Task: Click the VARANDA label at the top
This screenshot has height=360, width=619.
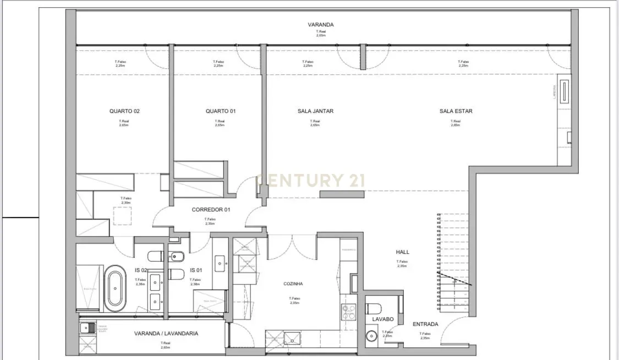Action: [321, 25]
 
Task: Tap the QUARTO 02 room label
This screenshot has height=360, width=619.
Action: [124, 111]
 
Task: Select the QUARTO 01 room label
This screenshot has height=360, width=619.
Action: [221, 111]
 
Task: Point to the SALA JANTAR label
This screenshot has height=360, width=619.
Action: [315, 111]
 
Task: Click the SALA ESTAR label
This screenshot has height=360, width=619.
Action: [456, 111]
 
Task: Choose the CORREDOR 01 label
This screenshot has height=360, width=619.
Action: [211, 210]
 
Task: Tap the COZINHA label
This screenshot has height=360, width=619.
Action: [293, 284]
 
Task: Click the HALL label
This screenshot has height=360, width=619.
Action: [403, 252]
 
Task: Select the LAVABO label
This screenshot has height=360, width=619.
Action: [382, 319]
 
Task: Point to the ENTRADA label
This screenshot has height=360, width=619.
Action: [425, 324]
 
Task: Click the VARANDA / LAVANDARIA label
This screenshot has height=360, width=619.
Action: [166, 334]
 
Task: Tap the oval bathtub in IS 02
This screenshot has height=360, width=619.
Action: [116, 286]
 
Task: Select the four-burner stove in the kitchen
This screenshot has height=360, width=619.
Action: [349, 312]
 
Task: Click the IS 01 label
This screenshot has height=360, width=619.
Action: [196, 270]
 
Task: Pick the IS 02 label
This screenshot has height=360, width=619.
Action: [141, 270]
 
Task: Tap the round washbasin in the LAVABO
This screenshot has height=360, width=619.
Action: [373, 335]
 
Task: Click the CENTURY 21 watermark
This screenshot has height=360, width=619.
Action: [311, 181]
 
